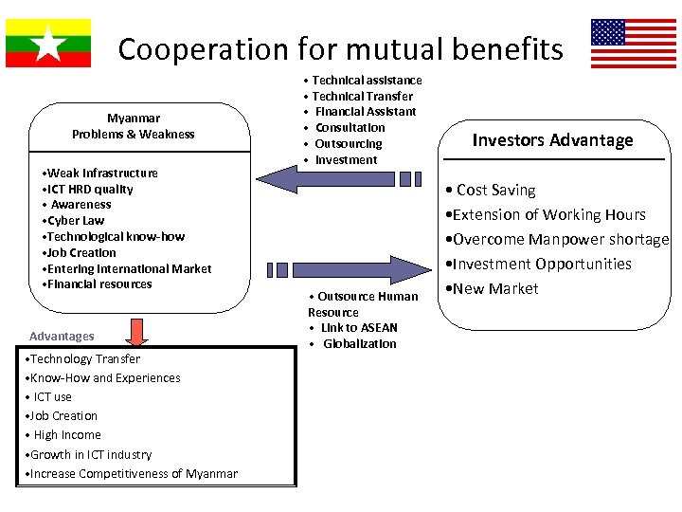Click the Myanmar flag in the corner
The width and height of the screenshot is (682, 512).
[48, 43]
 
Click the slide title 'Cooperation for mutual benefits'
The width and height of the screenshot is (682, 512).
[340, 48]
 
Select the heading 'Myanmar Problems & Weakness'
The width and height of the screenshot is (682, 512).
[134, 126]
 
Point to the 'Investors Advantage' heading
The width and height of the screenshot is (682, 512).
[552, 140]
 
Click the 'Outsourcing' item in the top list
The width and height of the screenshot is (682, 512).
[348, 143]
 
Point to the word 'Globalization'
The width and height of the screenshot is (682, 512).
[359, 343]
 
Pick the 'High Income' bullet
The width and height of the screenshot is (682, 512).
[65, 434]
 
